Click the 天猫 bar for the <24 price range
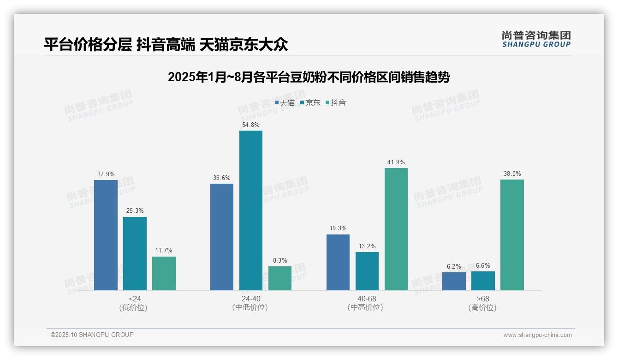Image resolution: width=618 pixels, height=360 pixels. [x=106, y=235]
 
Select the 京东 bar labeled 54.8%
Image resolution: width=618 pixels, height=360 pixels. [x=250, y=210]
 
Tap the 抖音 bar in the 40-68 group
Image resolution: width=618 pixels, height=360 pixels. [x=396, y=229]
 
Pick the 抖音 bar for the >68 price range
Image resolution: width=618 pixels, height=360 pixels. [x=512, y=234]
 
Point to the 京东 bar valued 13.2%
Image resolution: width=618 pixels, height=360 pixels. [x=367, y=271]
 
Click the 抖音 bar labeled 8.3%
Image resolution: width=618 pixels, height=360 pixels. [x=280, y=278]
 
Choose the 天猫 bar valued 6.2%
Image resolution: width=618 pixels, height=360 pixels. [x=454, y=281]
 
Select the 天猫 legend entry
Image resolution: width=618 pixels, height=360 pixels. [x=285, y=102]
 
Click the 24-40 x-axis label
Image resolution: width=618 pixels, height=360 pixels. [x=250, y=299]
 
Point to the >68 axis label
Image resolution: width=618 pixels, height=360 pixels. [x=483, y=299]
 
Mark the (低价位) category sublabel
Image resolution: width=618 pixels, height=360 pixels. [x=133, y=307]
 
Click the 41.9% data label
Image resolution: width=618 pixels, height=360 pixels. [x=396, y=162]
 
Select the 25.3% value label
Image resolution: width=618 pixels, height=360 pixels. [x=135, y=211]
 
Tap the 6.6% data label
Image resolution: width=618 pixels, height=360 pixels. [x=483, y=265]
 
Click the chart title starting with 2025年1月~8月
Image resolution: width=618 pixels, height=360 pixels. [x=309, y=77]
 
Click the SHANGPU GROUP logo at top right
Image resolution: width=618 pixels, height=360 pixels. [x=536, y=39]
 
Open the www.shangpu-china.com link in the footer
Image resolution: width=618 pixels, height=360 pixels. [x=537, y=335]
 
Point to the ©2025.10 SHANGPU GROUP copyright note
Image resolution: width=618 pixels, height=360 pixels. [x=92, y=335]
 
